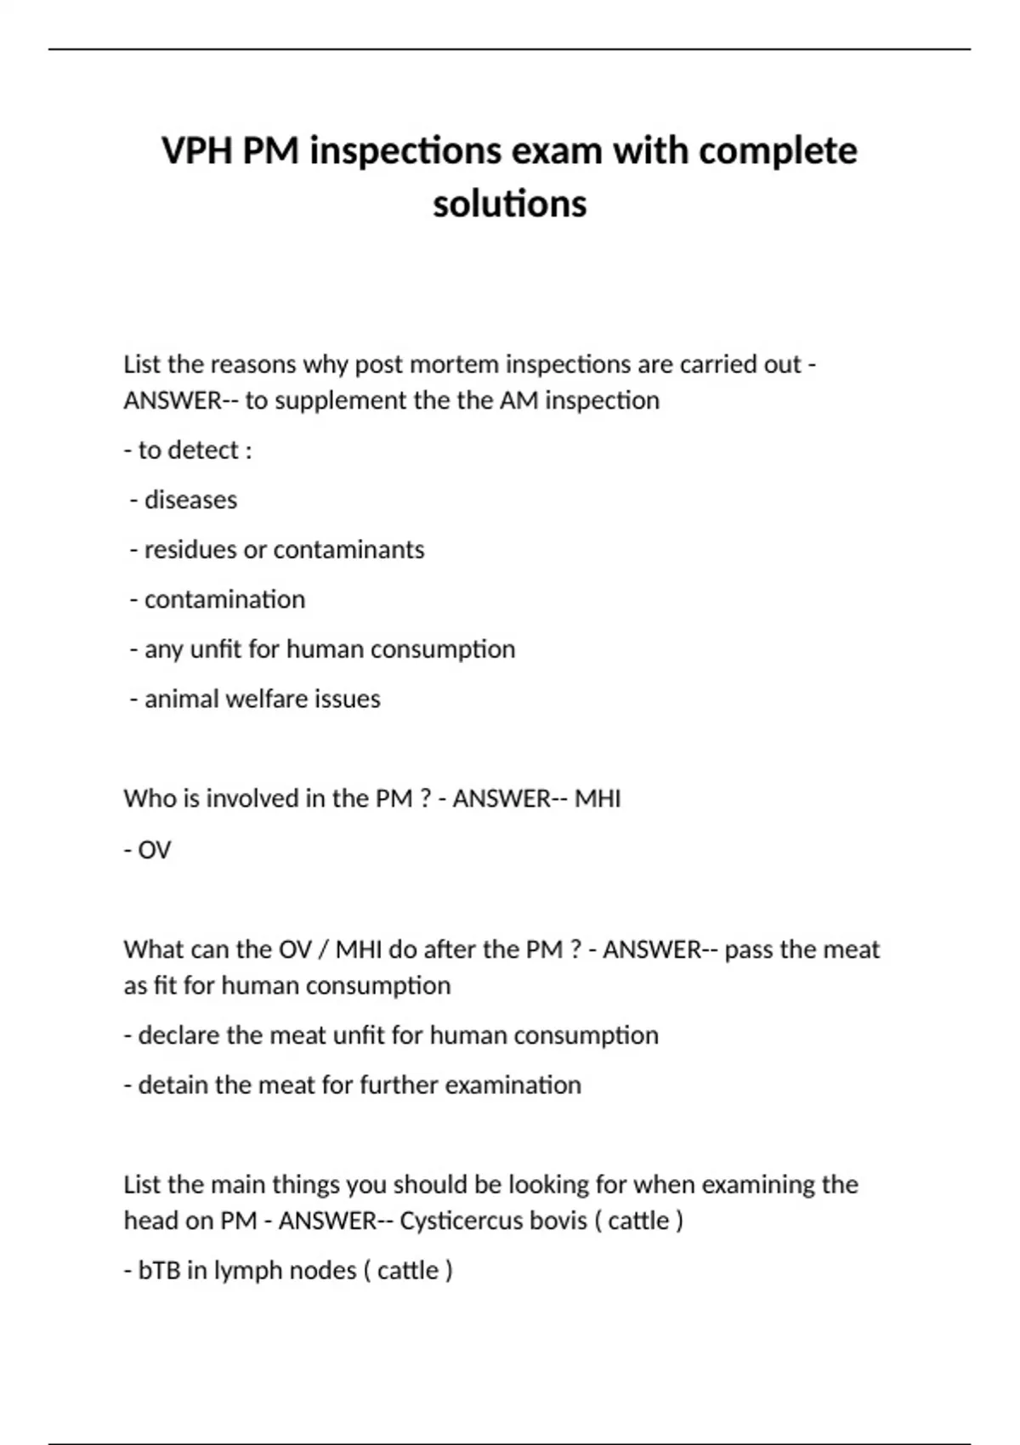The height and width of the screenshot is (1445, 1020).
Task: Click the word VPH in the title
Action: pos(196,151)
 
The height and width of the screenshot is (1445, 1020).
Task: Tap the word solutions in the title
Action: pos(509,204)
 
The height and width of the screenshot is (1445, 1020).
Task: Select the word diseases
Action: pos(190,500)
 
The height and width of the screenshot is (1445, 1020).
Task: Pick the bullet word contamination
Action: pos(224,599)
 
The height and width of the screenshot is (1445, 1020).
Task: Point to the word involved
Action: pos(263,799)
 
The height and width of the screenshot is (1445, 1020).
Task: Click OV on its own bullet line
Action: pos(154,850)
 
